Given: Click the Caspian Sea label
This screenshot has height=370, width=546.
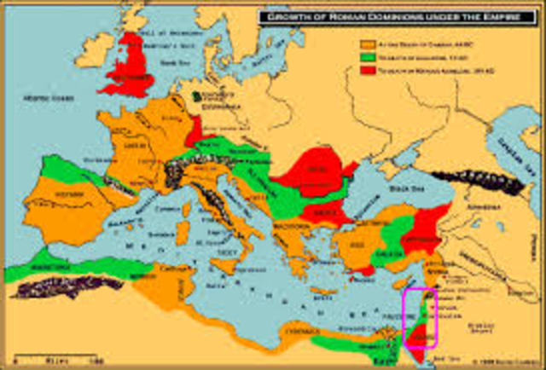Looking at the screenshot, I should [x=530, y=136].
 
